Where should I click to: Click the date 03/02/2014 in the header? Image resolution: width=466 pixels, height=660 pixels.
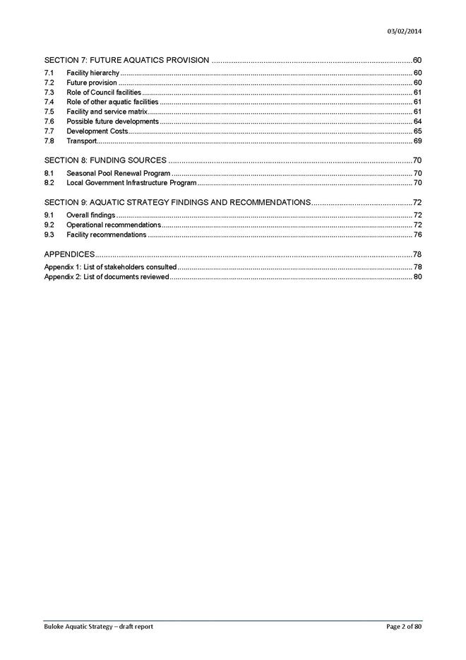405,31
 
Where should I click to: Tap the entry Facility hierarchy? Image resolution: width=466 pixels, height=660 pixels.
92,73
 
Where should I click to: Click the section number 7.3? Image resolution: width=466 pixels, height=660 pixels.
49,93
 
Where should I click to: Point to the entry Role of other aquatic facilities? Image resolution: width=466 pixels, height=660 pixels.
112,102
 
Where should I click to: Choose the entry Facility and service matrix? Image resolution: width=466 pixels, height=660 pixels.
107,112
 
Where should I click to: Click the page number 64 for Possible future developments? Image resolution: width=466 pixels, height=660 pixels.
417,122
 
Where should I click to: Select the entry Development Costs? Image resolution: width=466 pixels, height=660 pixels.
97,131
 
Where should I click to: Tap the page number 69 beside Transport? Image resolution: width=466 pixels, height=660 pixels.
417,141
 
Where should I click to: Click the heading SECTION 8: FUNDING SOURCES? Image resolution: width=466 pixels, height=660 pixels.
105,160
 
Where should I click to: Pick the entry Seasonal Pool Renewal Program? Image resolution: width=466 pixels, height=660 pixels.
118,173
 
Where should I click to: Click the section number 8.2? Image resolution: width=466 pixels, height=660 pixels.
49,183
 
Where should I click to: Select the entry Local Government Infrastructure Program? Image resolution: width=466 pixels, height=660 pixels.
131,183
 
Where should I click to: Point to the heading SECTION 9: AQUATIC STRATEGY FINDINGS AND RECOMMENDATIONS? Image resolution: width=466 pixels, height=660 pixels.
177,203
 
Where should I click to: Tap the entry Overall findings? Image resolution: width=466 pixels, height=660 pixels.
90,215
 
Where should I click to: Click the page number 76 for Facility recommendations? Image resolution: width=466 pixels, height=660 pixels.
417,235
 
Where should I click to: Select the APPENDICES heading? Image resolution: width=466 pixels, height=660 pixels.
69,254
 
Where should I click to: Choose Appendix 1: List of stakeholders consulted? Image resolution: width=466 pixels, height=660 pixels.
110,267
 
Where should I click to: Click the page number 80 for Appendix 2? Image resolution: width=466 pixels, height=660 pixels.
417,277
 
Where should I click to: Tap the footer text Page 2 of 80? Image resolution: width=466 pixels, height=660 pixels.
404,627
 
